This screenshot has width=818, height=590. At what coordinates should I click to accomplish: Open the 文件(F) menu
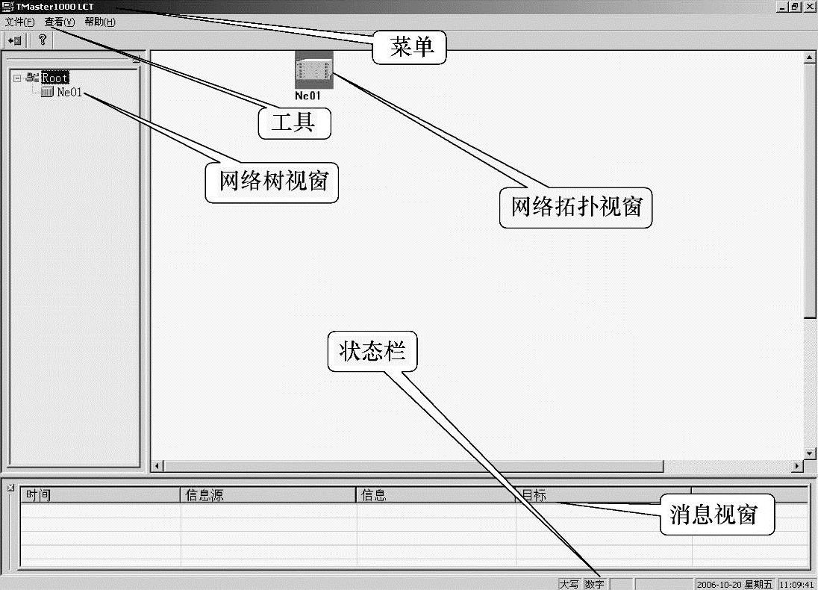pyautogui.click(x=19, y=22)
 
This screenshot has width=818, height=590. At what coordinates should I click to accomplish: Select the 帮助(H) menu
pyautogui.click(x=100, y=22)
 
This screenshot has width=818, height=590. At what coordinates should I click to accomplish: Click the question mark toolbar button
pyautogui.click(x=43, y=40)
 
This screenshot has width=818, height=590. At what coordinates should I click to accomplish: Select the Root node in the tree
pyautogui.click(x=54, y=78)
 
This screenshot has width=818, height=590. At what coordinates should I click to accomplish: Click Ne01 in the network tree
pyautogui.click(x=69, y=93)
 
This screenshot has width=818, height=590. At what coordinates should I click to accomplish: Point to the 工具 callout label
pyautogui.click(x=293, y=122)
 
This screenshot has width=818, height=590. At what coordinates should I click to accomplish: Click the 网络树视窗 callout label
pyautogui.click(x=272, y=181)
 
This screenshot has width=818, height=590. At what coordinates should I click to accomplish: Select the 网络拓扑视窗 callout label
pyautogui.click(x=575, y=207)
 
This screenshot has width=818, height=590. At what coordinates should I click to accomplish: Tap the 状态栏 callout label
pyautogui.click(x=372, y=352)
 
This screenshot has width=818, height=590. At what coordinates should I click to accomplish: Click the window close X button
pyautogui.click(x=810, y=6)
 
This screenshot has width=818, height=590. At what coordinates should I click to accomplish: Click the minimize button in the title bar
pyautogui.click(x=782, y=6)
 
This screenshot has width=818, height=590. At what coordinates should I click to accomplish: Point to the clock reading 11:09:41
pyautogui.click(x=796, y=584)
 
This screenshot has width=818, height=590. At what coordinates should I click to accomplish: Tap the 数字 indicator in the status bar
pyautogui.click(x=595, y=584)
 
